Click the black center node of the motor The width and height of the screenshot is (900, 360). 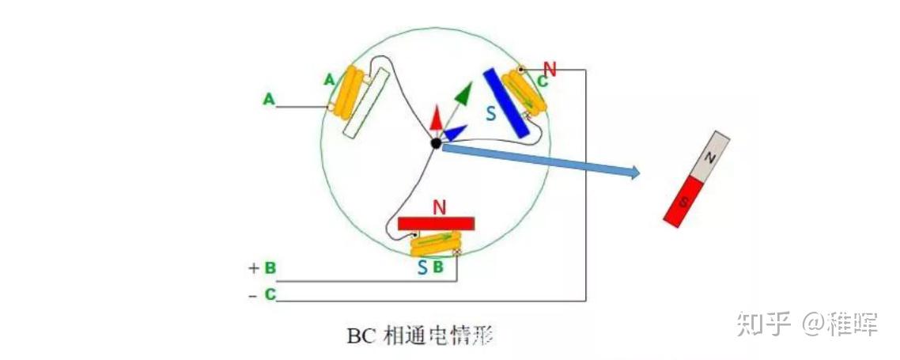(435, 142)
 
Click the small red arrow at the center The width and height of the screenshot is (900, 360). (435, 119)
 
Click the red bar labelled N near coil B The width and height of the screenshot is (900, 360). (437, 223)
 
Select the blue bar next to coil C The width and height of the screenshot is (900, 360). (506, 101)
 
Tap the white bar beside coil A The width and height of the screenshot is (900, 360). (367, 103)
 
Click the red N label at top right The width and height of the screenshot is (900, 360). (550, 69)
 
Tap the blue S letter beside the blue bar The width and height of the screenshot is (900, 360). (491, 114)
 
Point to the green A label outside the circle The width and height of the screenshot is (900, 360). (269, 100)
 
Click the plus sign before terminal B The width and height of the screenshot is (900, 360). (254, 268)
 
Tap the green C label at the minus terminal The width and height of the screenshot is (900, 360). (270, 294)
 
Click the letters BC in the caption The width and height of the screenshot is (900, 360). (360, 336)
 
